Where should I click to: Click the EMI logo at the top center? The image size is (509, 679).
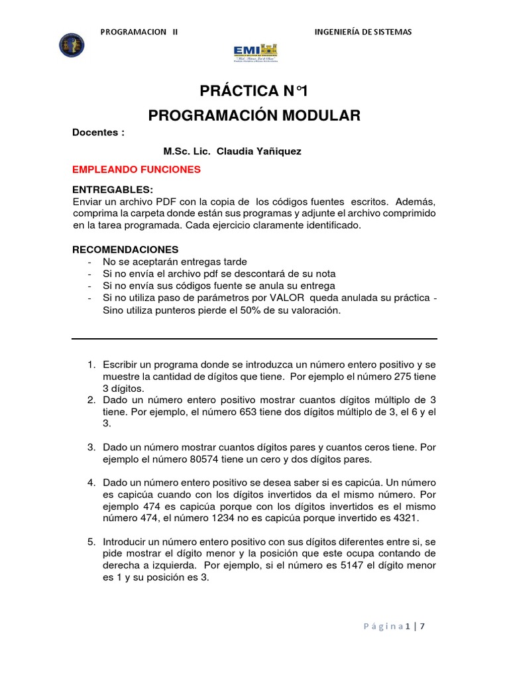click(x=256, y=52)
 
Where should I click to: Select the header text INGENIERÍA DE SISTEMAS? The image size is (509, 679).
click(x=362, y=31)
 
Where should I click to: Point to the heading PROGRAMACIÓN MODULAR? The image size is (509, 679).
click(x=254, y=115)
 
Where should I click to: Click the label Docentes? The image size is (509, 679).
click(x=98, y=132)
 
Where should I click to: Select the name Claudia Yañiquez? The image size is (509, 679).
click(x=254, y=151)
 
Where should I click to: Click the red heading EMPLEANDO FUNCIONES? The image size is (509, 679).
click(x=136, y=170)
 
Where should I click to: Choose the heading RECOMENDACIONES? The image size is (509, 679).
click(x=125, y=249)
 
